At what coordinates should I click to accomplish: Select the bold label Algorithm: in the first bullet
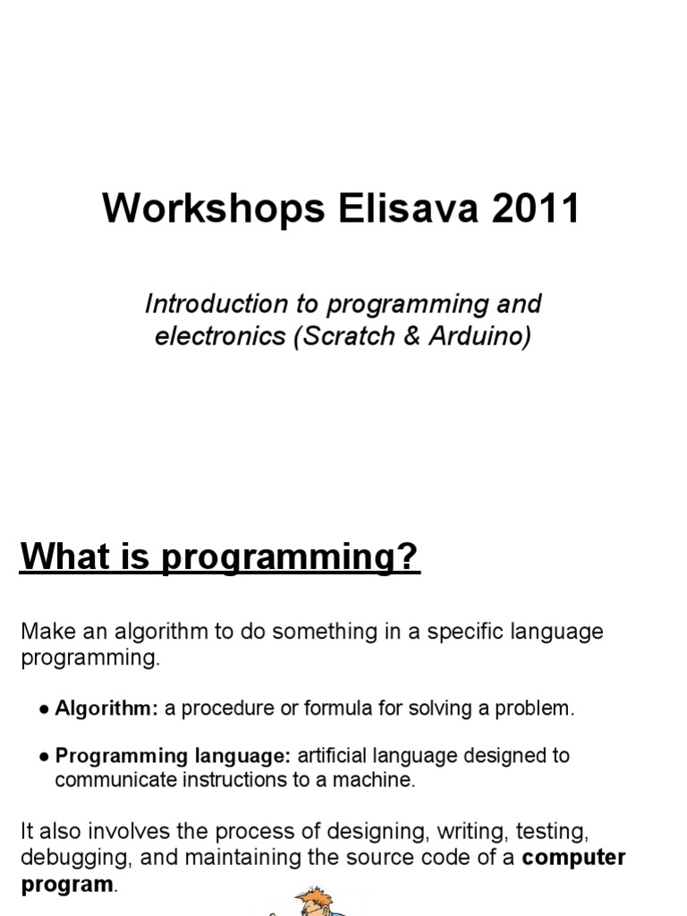pos(106,708)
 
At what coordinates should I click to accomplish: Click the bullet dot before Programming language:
pos(44,756)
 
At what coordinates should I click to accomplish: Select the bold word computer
pos(573,857)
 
